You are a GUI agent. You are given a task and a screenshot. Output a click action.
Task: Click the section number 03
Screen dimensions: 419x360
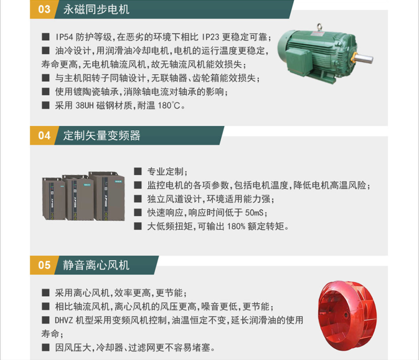coord(44,9)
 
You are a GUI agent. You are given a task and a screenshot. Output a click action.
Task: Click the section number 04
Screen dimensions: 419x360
coord(44,136)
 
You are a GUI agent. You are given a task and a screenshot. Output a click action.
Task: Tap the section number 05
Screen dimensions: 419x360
coord(44,265)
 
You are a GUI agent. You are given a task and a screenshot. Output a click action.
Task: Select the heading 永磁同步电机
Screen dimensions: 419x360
coord(96,9)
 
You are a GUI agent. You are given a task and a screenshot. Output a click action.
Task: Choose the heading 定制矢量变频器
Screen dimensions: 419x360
coord(102,136)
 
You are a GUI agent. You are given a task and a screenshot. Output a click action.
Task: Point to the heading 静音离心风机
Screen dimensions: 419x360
coord(96,265)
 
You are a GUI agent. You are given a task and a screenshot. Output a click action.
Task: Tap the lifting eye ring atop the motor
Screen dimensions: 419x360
coord(319,27)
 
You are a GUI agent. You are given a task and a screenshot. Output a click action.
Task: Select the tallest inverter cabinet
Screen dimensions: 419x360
coord(107,196)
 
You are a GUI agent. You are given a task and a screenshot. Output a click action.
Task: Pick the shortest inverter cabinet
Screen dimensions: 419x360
coord(54,198)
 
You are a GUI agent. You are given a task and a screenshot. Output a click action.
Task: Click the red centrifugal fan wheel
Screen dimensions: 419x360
coord(347,315)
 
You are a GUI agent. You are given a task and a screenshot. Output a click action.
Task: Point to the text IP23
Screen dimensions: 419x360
coord(211,37)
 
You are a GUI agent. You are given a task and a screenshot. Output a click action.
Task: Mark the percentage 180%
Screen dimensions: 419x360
coord(236,226)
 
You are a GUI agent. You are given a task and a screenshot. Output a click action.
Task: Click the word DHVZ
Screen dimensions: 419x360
coord(64,320)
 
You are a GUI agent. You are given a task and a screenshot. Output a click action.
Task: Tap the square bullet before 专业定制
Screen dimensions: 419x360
coord(138,171)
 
